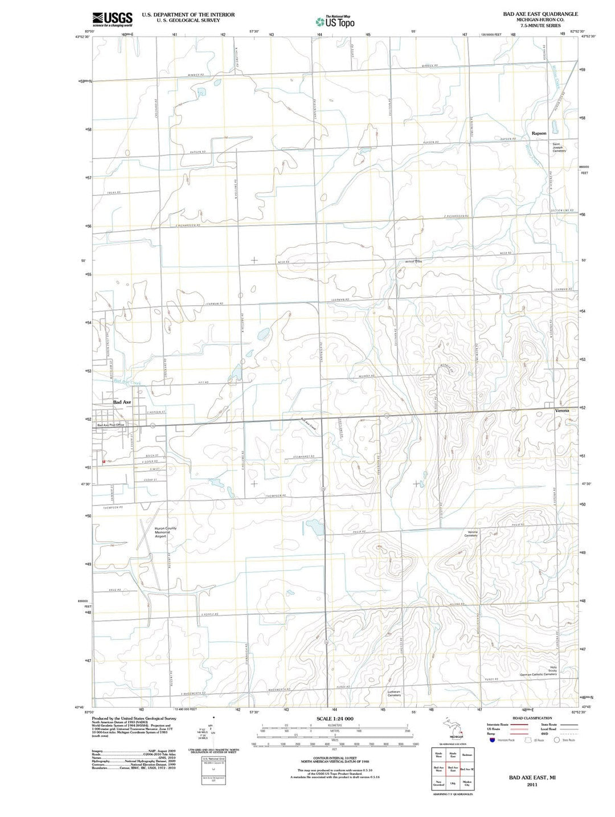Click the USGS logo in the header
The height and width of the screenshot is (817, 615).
pyautogui.click(x=112, y=19)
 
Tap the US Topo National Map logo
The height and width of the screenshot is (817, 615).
pyautogui.click(x=335, y=22)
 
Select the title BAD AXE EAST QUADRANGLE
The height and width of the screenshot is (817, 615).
pyautogui.click(x=540, y=14)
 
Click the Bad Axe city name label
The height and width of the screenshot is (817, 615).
pyautogui.click(x=122, y=402)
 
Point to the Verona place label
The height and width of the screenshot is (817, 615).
pyautogui.click(x=562, y=410)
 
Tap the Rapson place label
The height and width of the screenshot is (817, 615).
pyautogui.click(x=539, y=133)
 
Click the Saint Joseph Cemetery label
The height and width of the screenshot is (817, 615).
pyautogui.click(x=559, y=147)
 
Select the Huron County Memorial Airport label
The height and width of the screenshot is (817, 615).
pyautogui.click(x=165, y=532)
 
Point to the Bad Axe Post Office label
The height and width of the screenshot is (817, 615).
pyautogui.click(x=110, y=425)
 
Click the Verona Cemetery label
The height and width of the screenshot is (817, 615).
pyautogui.click(x=471, y=533)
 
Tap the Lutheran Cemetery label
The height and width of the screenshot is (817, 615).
pyautogui.click(x=394, y=693)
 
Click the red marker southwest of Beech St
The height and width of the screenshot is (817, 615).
pyautogui.click(x=103, y=461)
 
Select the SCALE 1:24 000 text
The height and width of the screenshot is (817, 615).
pyautogui.click(x=335, y=720)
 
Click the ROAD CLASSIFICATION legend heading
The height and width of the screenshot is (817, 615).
pyautogui.click(x=532, y=718)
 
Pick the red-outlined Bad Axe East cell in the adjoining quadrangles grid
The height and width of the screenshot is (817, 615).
pyautogui.click(x=453, y=770)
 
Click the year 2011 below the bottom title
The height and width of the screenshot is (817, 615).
pyautogui.click(x=532, y=785)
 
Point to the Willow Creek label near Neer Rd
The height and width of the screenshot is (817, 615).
pyautogui.click(x=413, y=261)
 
